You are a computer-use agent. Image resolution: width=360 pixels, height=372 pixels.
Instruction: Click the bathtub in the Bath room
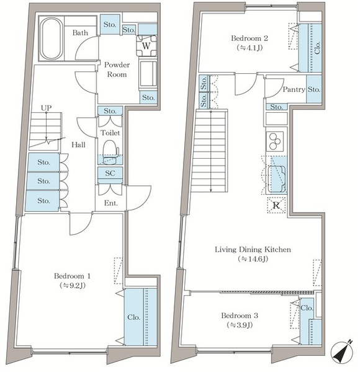click(51, 38)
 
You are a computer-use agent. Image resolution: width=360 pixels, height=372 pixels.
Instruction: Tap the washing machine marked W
click(146, 45)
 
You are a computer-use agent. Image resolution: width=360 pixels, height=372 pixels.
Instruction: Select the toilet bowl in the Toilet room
click(110, 152)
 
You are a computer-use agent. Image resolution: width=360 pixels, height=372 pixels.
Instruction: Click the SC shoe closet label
click(110, 173)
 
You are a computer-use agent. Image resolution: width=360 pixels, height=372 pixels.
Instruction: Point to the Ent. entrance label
click(111, 203)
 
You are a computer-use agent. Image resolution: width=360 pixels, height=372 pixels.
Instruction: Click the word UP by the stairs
click(46, 108)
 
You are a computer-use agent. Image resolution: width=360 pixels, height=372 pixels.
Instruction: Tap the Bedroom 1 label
click(72, 276)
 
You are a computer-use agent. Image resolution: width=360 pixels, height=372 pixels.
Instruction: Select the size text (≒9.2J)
click(73, 285)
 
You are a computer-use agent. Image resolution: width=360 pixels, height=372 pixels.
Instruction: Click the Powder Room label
click(117, 69)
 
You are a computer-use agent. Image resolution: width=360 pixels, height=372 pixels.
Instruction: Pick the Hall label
click(78, 144)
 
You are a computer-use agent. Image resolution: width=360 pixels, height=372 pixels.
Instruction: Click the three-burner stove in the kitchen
click(275, 141)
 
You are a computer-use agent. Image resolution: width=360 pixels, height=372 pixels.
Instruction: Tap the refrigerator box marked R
click(276, 205)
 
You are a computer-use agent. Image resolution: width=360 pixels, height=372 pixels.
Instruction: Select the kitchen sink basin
click(277, 179)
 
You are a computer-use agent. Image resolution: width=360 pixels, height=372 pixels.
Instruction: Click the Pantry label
click(294, 89)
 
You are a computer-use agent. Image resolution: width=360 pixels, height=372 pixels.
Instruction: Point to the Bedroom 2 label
click(250, 38)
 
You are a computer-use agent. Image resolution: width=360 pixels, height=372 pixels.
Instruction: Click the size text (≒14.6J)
click(253, 259)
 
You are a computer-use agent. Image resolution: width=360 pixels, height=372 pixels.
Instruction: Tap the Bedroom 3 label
click(240, 316)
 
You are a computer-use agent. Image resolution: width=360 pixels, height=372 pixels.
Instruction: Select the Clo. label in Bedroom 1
click(133, 317)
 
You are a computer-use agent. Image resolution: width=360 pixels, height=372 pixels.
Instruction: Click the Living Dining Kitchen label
click(253, 249)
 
